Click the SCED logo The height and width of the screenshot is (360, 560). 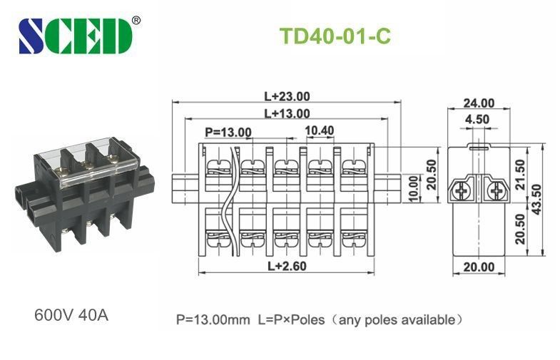point(75,36)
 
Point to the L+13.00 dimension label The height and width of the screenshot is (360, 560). point(287,113)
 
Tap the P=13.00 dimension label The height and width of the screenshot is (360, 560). point(228,131)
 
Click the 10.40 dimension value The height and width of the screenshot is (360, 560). point(319,130)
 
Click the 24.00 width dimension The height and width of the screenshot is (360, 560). point(478,103)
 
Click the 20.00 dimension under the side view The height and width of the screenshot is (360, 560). point(478,267)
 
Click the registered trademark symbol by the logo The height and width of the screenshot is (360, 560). point(136,20)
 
